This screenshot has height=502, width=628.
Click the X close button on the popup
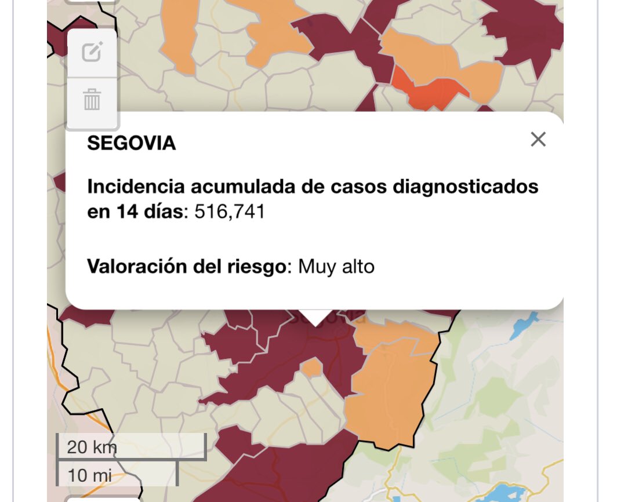point(538,139)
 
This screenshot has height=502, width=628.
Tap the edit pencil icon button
point(92,53)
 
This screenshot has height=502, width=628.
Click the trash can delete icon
point(92,100)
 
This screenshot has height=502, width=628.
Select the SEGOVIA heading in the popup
point(131,143)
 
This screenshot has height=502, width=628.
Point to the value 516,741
point(230,212)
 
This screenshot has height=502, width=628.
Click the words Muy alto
point(336,267)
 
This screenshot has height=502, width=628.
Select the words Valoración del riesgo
point(187,267)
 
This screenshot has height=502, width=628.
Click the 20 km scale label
point(92,447)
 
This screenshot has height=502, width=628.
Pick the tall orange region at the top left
point(180,35)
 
